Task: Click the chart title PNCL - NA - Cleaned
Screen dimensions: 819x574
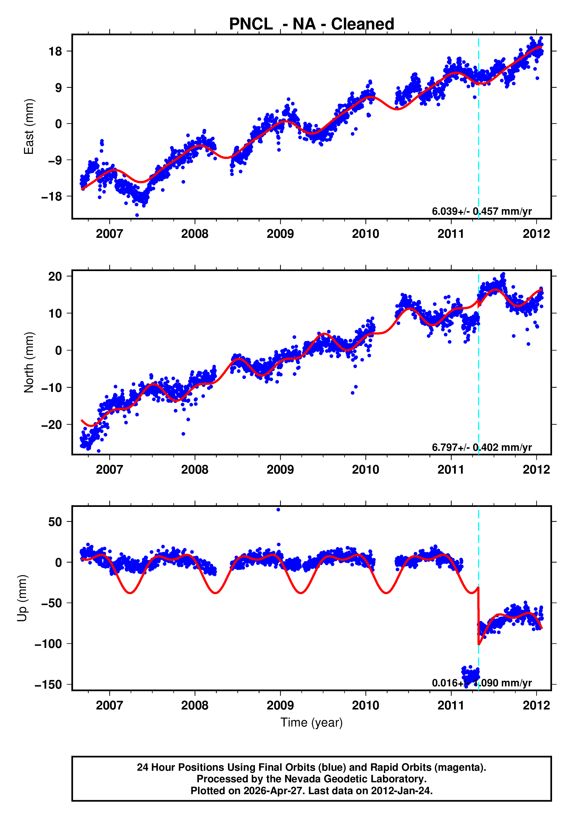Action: [312, 24]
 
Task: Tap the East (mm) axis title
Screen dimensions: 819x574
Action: [29, 127]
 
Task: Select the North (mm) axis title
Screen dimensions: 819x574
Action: [29, 362]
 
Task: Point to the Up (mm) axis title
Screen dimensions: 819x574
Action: [22, 598]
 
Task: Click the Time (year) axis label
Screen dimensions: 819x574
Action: [312, 722]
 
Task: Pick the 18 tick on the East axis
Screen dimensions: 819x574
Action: [55, 51]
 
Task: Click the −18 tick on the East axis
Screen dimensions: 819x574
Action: [52, 197]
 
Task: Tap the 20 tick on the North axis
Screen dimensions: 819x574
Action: [55, 277]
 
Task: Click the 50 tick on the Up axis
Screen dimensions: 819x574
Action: [55, 522]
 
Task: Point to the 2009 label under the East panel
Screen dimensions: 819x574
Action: [280, 234]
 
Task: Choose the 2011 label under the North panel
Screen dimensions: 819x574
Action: [451, 470]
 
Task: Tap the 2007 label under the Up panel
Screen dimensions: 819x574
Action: [109, 705]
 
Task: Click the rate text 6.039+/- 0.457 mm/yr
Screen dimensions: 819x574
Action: [482, 212]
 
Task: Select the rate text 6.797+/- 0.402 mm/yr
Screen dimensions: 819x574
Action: [482, 447]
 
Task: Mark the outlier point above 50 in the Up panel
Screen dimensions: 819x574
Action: [278, 510]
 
